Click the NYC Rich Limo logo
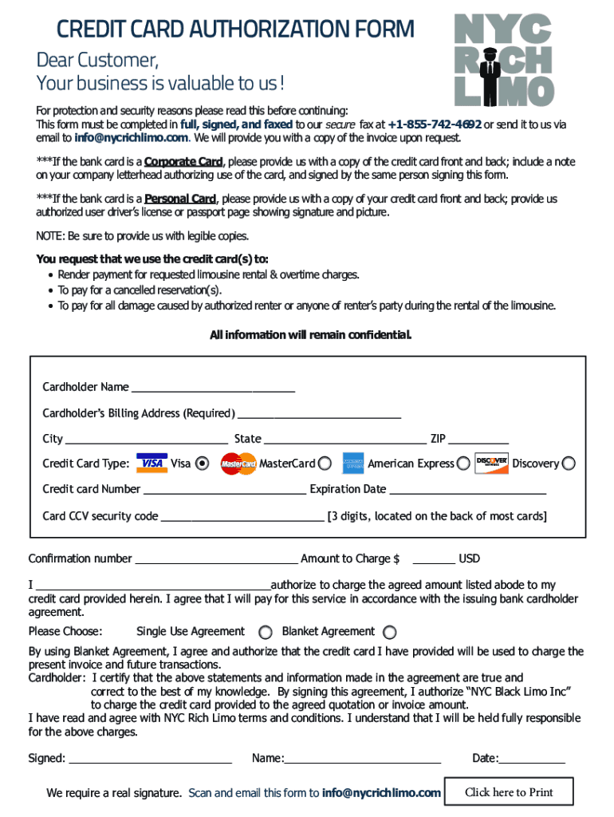coord(504,60)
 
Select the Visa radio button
coord(203,464)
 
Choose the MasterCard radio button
coord(325,464)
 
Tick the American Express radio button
coord(462,464)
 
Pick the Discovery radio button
coord(568,464)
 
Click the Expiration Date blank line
coord(467,491)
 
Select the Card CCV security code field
coord(242,518)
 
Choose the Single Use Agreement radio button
coord(266,633)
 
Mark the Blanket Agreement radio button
coord(389,633)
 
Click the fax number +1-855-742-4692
coord(435,125)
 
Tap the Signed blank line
coord(150,760)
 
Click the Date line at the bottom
coord(532,760)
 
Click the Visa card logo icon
coord(152,464)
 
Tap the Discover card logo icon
coord(491,464)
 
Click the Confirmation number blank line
coord(216,560)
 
